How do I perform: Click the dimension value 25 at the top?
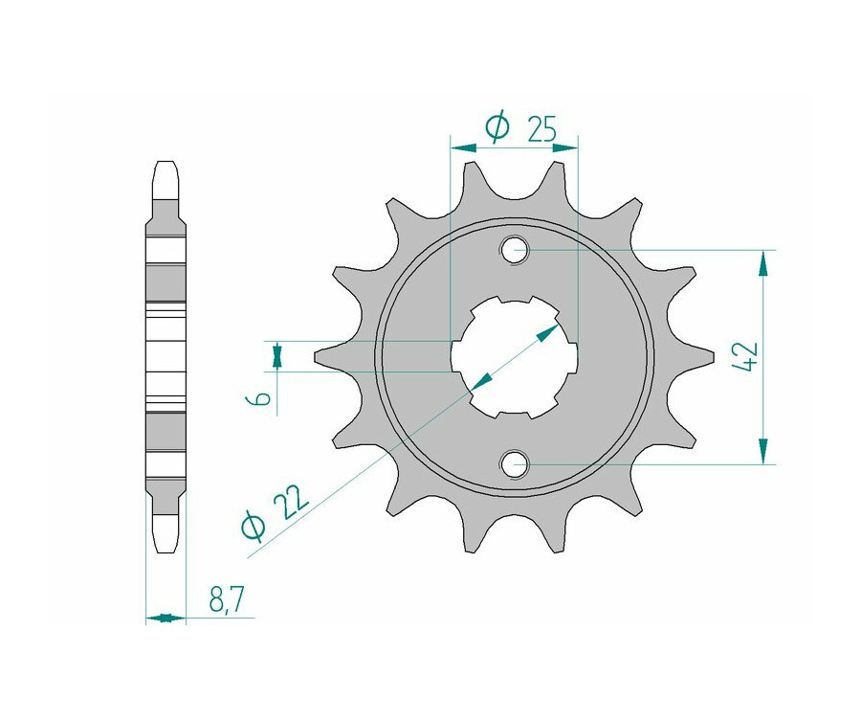click(x=541, y=128)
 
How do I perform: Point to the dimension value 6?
click(x=264, y=397)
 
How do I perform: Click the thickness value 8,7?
click(x=226, y=600)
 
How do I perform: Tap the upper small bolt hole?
click(x=514, y=251)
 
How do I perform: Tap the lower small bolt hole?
click(x=514, y=464)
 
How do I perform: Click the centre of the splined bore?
click(x=514, y=357)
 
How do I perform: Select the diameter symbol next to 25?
click(x=498, y=127)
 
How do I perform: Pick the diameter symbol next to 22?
click(x=254, y=526)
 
